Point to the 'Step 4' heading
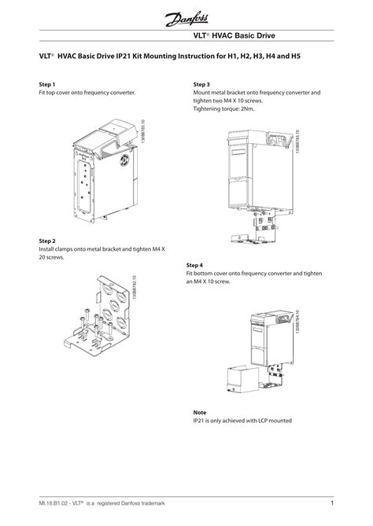pos(196,265)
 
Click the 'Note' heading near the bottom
pos(201,412)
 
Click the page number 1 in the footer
pos(333,503)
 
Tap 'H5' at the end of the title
pos(295,57)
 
